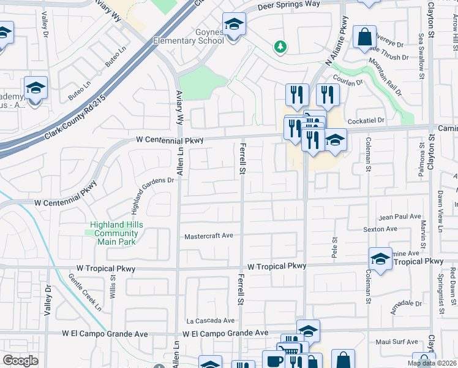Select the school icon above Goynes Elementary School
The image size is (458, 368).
click(x=233, y=25)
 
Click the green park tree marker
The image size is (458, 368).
click(x=280, y=46)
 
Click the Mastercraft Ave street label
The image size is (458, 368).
click(x=209, y=236)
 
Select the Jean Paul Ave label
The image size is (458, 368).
click(x=400, y=217)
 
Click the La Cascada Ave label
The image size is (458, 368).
click(x=211, y=321)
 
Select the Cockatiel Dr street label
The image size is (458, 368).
click(x=366, y=121)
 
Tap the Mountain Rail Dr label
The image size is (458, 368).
click(x=385, y=76)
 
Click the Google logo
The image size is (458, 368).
click(x=20, y=361)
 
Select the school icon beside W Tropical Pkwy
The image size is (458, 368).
click(x=380, y=259)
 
